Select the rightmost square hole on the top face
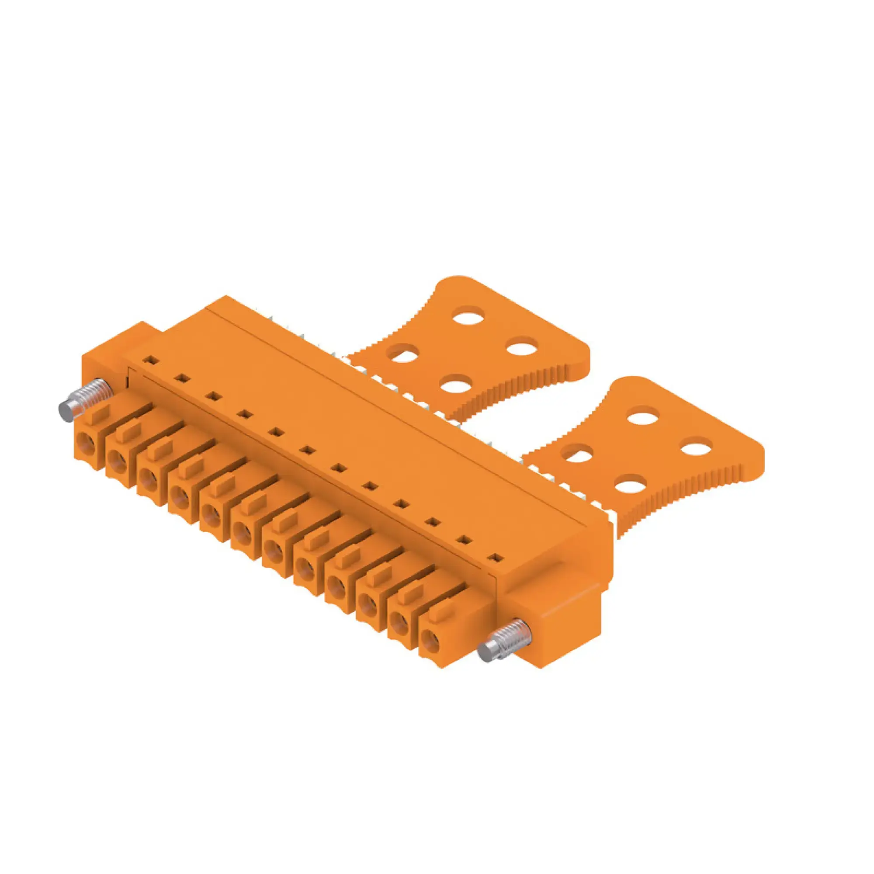tap(497, 558)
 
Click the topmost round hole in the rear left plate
tap(470, 314)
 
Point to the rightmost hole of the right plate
tap(696, 448)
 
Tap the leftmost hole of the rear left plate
tap(404, 353)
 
